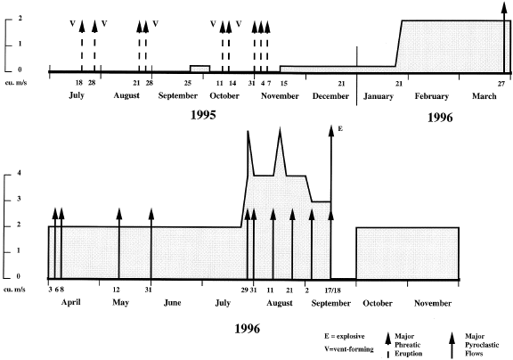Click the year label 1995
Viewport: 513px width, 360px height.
point(203,115)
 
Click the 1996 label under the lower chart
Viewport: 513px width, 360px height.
point(248,328)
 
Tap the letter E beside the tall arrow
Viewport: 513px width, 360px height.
point(340,129)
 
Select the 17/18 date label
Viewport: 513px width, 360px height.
point(333,290)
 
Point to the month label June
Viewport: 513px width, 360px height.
point(173,303)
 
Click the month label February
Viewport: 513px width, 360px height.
point(432,96)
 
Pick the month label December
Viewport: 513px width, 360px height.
point(330,96)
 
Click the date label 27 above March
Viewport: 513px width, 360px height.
point(501,84)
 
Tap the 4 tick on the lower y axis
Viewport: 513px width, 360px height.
point(19,173)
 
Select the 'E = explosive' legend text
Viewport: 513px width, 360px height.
point(344,337)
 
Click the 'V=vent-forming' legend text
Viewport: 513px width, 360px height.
point(349,349)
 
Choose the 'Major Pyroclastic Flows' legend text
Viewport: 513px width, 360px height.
point(482,345)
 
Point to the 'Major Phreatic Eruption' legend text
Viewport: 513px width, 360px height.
point(408,345)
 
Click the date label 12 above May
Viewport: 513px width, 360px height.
point(116,290)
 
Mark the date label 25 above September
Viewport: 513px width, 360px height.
point(187,83)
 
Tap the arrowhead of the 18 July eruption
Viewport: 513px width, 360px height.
point(82,26)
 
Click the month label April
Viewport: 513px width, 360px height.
point(71,302)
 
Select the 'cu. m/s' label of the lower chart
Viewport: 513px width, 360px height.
point(14,290)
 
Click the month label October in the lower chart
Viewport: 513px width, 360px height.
point(378,303)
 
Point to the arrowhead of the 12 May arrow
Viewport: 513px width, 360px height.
point(119,213)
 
